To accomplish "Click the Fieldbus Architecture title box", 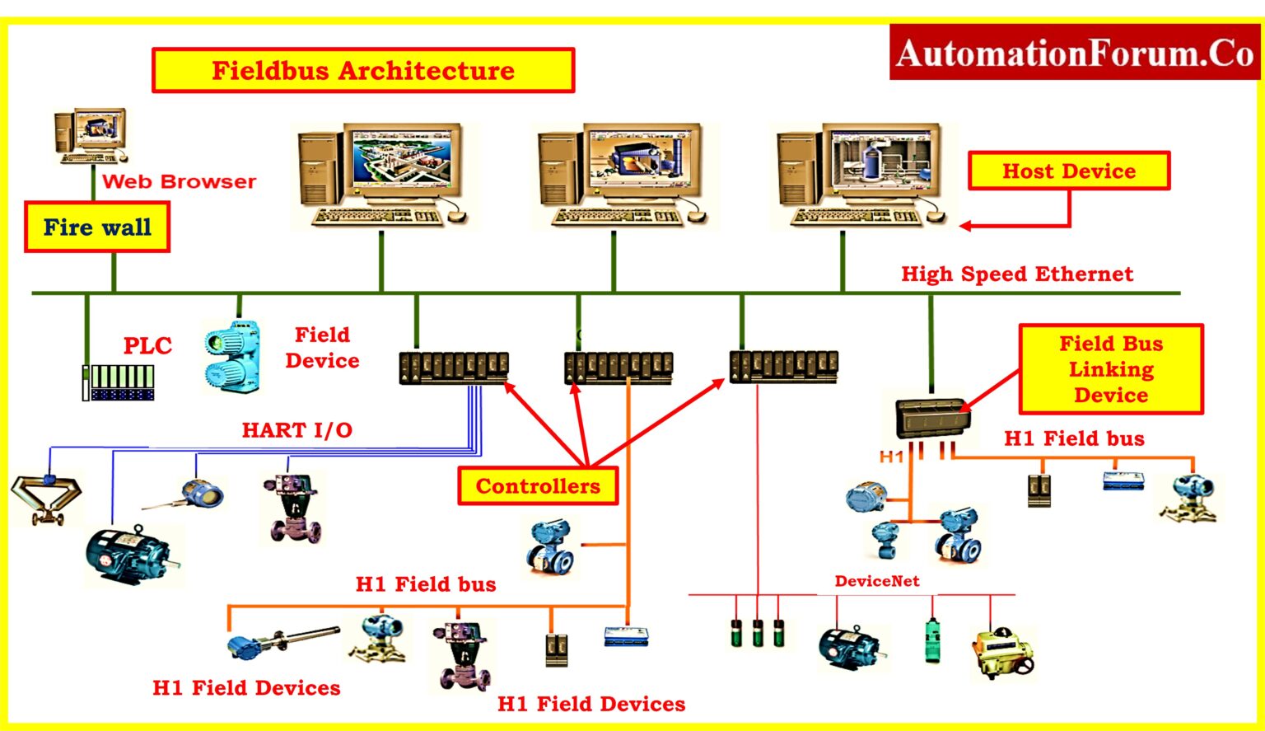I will (x=362, y=70).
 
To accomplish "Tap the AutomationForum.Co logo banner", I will (x=1075, y=53).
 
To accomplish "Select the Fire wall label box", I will (x=97, y=227).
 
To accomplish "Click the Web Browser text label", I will (x=179, y=181).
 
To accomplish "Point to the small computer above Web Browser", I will (x=91, y=135).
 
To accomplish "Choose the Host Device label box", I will (x=1068, y=171).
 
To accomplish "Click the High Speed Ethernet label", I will (x=1016, y=274).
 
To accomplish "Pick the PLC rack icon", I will (x=119, y=382).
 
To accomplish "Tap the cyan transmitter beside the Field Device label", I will (x=233, y=356).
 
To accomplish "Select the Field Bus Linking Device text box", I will (x=1110, y=368).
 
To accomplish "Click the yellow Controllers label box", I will (x=537, y=485).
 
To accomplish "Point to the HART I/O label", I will (x=296, y=429).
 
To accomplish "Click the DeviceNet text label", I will (x=876, y=581).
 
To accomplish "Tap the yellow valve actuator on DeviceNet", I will (x=1002, y=652).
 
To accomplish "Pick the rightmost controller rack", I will (x=783, y=366).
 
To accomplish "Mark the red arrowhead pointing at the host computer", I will (x=965, y=225).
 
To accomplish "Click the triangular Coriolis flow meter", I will (x=46, y=498).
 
